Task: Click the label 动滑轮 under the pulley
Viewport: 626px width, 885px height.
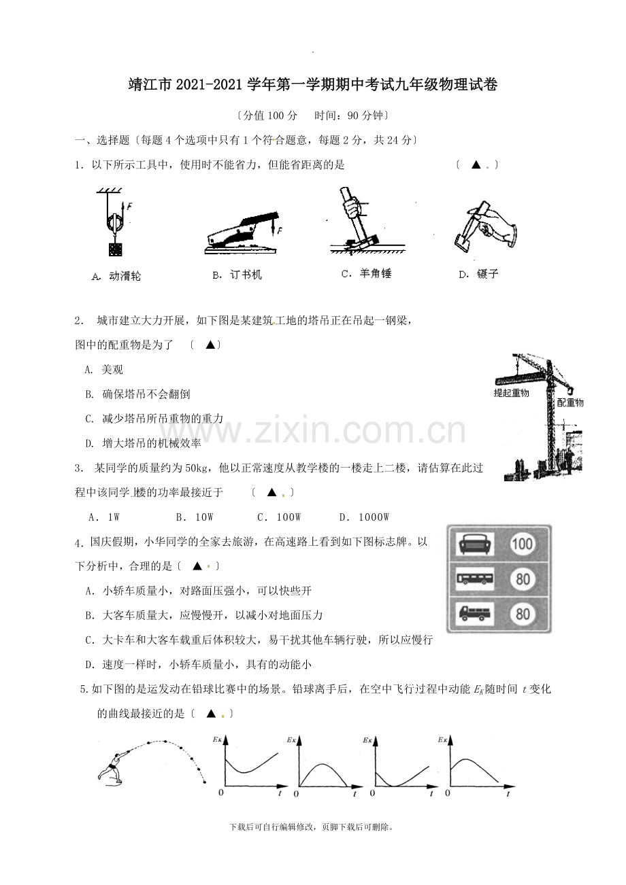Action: [x=125, y=276]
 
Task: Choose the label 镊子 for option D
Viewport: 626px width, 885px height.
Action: [x=487, y=274]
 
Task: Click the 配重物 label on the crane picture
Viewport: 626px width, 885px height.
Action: [x=570, y=402]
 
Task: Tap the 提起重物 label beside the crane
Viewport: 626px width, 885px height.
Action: [x=511, y=393]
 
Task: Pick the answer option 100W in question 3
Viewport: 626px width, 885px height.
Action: [x=289, y=517]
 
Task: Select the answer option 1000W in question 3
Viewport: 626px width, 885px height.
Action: [x=374, y=517]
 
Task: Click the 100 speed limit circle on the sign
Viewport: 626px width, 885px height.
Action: [x=522, y=544]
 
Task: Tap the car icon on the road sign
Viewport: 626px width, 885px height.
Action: [x=474, y=544]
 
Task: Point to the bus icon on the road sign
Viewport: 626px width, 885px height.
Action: [x=474, y=579]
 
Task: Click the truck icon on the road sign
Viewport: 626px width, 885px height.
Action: [x=474, y=614]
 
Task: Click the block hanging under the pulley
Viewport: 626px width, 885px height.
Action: [x=116, y=249]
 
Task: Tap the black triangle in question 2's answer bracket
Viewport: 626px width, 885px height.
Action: [x=210, y=345]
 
